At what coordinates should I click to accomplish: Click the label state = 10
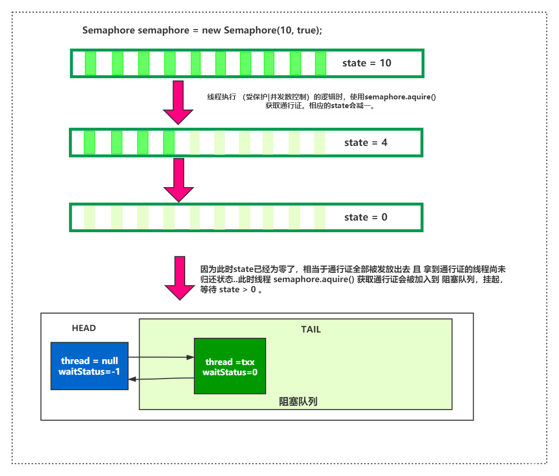pyautogui.click(x=367, y=63)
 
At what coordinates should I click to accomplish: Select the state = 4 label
pyautogui.click(x=366, y=143)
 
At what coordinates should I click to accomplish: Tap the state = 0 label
pyautogui.click(x=366, y=217)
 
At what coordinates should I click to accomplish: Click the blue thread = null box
pyautogui.click(x=90, y=366)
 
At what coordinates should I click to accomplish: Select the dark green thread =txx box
pyautogui.click(x=230, y=366)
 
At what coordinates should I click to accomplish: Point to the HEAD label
pyautogui.click(x=84, y=328)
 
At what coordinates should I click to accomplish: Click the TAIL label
pyautogui.click(x=311, y=330)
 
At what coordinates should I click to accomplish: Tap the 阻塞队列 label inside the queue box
pyautogui.click(x=298, y=401)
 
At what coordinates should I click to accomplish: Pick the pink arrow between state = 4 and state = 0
pyautogui.click(x=178, y=179)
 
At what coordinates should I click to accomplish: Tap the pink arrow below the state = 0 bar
pyautogui.click(x=180, y=278)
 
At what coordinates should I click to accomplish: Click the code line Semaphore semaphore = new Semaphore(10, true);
pyautogui.click(x=202, y=31)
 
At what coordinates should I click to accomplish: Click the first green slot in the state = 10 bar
pyautogui.click(x=90, y=63)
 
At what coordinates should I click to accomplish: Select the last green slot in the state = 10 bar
pyautogui.click(x=320, y=63)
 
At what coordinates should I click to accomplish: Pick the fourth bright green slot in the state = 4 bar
pyautogui.click(x=169, y=143)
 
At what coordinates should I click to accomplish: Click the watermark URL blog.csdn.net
pyautogui.click(x=488, y=467)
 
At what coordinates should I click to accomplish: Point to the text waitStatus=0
pyautogui.click(x=230, y=372)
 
